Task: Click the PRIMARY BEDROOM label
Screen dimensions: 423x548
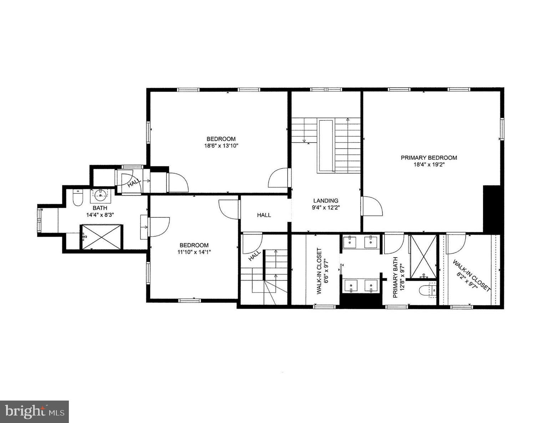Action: click(x=429, y=158)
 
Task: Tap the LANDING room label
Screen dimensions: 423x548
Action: click(x=326, y=201)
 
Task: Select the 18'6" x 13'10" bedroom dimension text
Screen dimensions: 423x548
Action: click(x=221, y=146)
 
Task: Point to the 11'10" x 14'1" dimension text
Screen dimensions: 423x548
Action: click(x=194, y=252)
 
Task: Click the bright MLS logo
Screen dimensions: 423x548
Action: click(x=34, y=412)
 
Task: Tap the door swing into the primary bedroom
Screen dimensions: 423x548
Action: click(x=372, y=206)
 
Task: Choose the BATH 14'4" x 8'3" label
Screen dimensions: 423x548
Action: click(x=100, y=211)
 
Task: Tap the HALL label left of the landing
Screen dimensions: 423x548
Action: click(x=264, y=215)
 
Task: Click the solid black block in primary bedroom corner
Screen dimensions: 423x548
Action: click(x=492, y=208)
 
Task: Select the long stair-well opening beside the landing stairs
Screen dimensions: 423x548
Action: click(x=326, y=146)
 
